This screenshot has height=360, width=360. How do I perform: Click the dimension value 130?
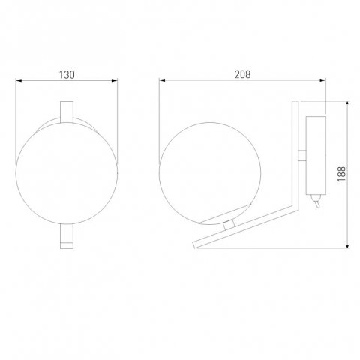click(68, 74)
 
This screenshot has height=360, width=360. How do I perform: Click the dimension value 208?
click(241, 74)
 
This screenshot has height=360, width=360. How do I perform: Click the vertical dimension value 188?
click(343, 175)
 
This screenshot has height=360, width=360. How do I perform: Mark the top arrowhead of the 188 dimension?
click(350, 103)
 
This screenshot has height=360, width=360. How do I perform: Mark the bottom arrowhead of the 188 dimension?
click(350, 245)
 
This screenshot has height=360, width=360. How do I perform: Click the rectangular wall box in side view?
click(317, 153)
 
